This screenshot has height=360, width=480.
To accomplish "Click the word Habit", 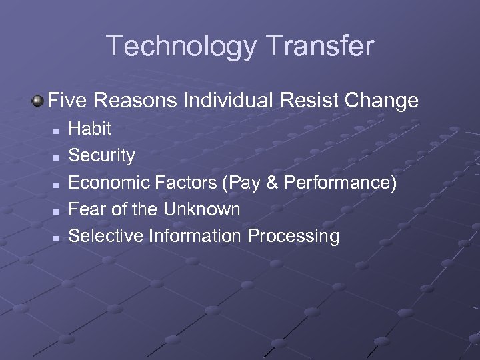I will point(90,129).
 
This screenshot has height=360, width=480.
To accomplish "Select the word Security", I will point(102,155).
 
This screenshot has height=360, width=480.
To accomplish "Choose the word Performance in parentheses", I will point(335,182).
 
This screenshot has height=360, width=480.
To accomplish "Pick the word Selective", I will point(107,235).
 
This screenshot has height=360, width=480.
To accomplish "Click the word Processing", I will point(293,236).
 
